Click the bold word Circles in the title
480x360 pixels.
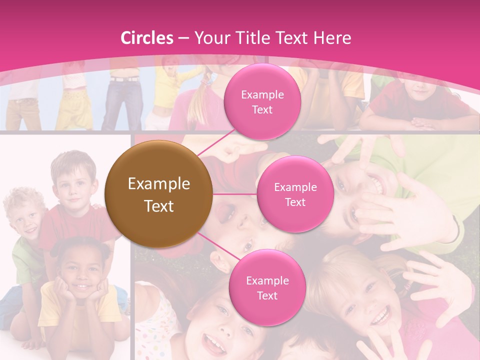147,38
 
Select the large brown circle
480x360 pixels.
159,194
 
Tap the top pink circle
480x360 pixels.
262,101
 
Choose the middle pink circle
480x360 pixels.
295,194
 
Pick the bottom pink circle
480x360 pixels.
267,287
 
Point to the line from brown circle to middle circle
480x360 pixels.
235,194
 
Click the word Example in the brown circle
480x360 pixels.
159,184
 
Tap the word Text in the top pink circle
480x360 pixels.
262,109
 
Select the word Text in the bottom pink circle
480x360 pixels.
267,295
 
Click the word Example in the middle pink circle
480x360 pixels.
295,187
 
